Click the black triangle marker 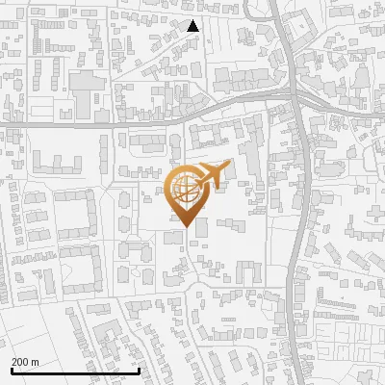coord(192,26)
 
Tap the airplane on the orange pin coord(209,175)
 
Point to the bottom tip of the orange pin coord(185,226)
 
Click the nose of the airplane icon coord(225,166)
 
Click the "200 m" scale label coord(25,362)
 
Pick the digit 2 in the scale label coord(14,362)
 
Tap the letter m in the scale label coord(35,362)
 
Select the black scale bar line coord(75,371)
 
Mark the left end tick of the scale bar coord(12,371)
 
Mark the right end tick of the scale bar coord(140,371)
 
